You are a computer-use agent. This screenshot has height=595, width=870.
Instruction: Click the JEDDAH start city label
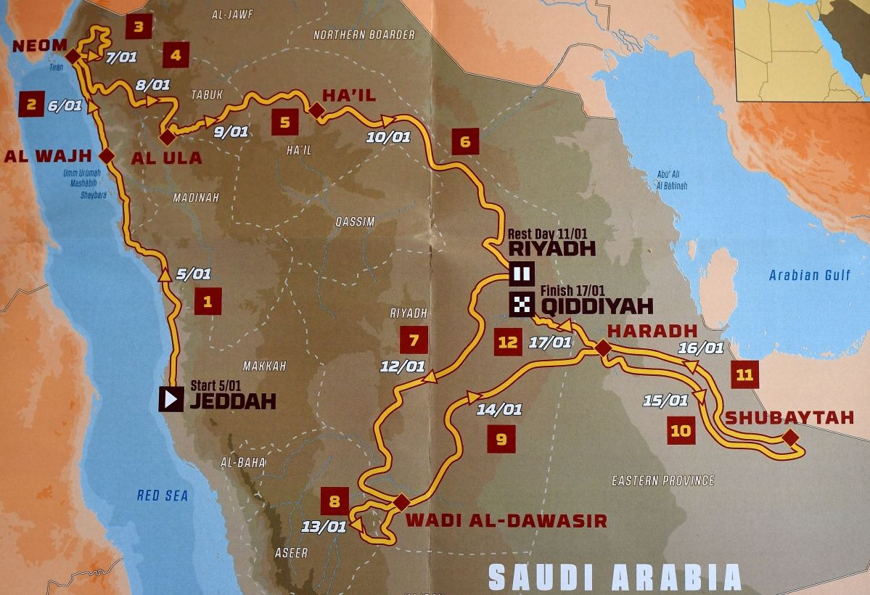pyautogui.click(x=232, y=401)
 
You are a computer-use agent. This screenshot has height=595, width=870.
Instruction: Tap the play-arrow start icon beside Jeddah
pyautogui.click(x=171, y=399)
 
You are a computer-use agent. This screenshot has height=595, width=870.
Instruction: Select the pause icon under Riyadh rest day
pyautogui.click(x=522, y=275)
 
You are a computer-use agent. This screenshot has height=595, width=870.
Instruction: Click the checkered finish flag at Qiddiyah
pyautogui.click(x=522, y=305)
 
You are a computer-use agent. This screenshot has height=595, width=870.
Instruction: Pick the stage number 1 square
pyautogui.click(x=208, y=301)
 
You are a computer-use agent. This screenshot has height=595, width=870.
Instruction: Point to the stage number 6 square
pyautogui.click(x=465, y=141)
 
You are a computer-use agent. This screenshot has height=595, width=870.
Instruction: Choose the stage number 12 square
pyautogui.click(x=508, y=342)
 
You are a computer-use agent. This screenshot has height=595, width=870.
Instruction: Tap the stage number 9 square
pyautogui.click(x=501, y=438)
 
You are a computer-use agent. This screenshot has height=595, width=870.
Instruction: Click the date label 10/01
pyautogui.click(x=388, y=136)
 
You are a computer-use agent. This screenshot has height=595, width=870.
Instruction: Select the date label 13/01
pyautogui.click(x=324, y=527)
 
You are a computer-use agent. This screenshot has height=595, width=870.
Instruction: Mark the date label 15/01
pyautogui.click(x=665, y=400)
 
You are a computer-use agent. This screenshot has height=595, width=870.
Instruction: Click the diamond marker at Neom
pyautogui.click(x=72, y=55)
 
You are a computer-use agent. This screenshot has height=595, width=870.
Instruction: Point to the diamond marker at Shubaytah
pyautogui.click(x=789, y=437)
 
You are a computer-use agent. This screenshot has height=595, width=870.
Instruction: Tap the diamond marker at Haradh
pyautogui.click(x=602, y=348)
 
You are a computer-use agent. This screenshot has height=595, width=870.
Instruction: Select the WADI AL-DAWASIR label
pyautogui.click(x=506, y=520)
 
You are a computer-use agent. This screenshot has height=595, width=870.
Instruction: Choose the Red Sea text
pyautogui.click(x=163, y=496)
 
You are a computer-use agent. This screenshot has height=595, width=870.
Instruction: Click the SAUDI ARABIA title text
pyautogui.click(x=615, y=577)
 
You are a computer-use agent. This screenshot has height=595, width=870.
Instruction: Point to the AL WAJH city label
pyautogui.click(x=48, y=155)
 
